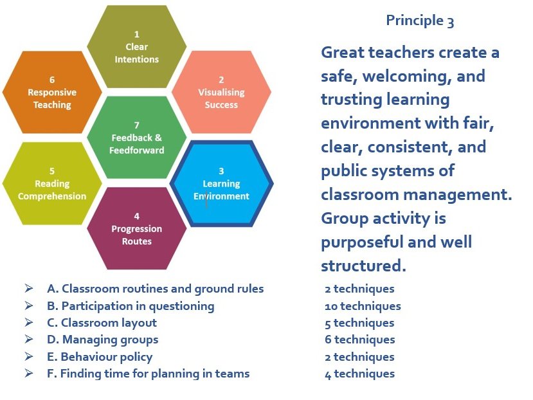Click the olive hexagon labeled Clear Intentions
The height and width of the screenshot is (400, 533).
tap(136, 46)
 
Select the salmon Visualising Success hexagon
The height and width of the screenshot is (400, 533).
tap(221, 92)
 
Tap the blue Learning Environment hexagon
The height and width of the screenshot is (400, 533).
tap(221, 183)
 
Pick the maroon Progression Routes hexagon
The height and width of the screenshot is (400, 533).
tap(136, 229)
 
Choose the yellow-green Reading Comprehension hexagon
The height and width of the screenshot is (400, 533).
tap(52, 183)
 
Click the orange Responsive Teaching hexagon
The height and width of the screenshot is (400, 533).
tap(52, 92)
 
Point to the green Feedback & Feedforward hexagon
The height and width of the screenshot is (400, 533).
tap(137, 138)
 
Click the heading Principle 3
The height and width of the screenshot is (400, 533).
tap(420, 21)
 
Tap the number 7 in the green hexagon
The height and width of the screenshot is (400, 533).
tap(137, 125)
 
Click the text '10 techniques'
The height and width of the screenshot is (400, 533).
tap(363, 306)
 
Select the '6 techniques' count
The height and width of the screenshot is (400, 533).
tap(360, 340)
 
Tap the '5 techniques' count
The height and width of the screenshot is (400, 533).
tap(359, 323)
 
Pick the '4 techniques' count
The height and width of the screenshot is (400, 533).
tap(359, 374)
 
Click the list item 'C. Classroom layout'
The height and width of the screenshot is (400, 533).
tap(102, 323)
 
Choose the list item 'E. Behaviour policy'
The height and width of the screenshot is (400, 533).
tap(100, 356)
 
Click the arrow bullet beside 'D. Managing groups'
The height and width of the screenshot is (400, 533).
tap(29, 340)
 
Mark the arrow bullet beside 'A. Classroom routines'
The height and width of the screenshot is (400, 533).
tap(29, 289)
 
